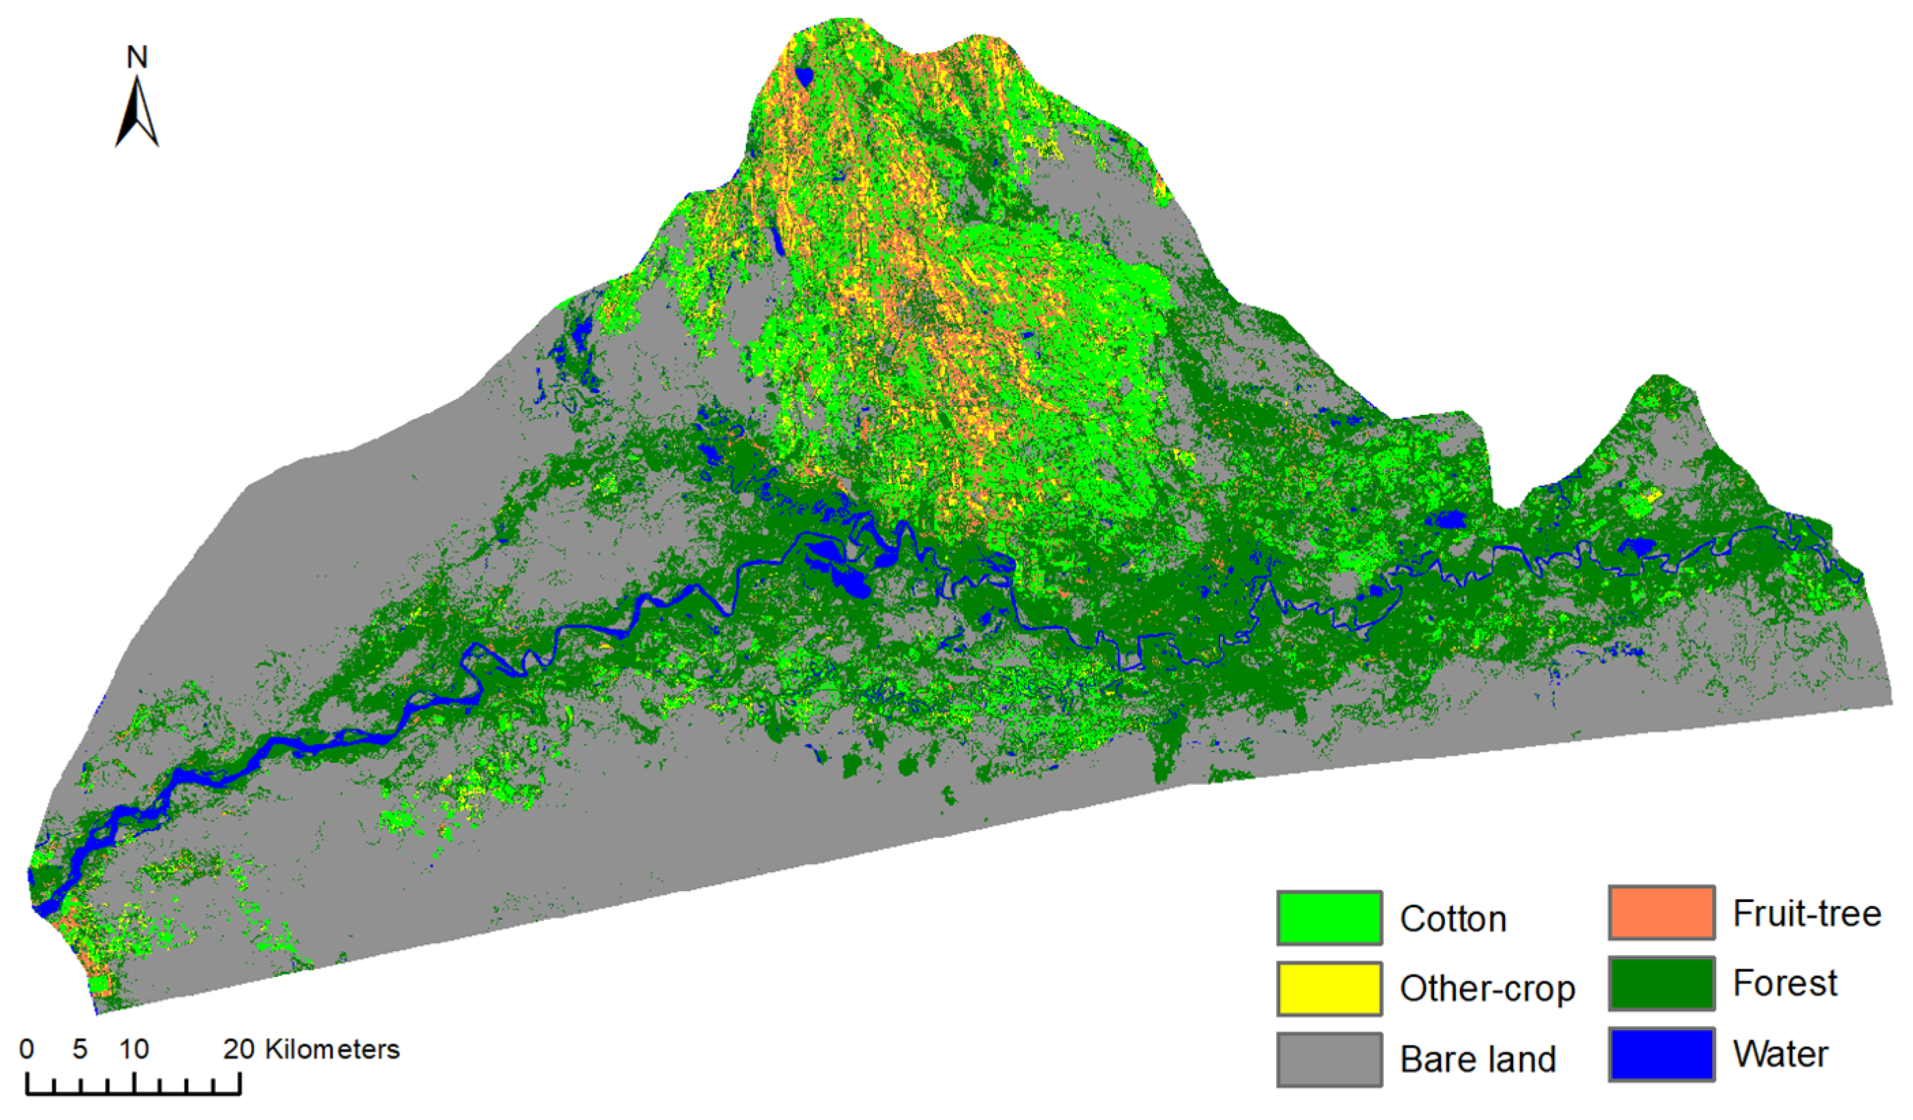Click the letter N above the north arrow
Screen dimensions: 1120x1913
tap(137, 57)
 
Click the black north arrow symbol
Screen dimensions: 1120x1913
tap(137, 114)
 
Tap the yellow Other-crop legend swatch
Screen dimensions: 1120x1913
tap(1328, 988)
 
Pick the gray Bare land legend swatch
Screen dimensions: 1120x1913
tap(1328, 1059)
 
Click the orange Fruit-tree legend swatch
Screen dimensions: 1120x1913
tap(1661, 913)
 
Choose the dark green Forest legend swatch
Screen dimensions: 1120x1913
tap(1661, 983)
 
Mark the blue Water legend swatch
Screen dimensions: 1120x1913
tap(1661, 1054)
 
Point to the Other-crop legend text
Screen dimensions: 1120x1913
tap(1487, 989)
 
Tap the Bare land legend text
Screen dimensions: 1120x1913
tap(1477, 1059)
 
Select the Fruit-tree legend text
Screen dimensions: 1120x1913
tap(1807, 914)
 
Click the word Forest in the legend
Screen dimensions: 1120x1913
tap(1785, 983)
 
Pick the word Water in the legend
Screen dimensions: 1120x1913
tap(1780, 1054)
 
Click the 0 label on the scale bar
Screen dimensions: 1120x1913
tap(27, 1049)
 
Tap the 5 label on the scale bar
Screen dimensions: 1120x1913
tap(80, 1049)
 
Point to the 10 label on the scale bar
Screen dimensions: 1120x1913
tap(134, 1049)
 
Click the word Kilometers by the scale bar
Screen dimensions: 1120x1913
tap(332, 1049)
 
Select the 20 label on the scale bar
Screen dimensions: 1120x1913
tap(238, 1049)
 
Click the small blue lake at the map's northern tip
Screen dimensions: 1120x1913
tap(803, 76)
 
